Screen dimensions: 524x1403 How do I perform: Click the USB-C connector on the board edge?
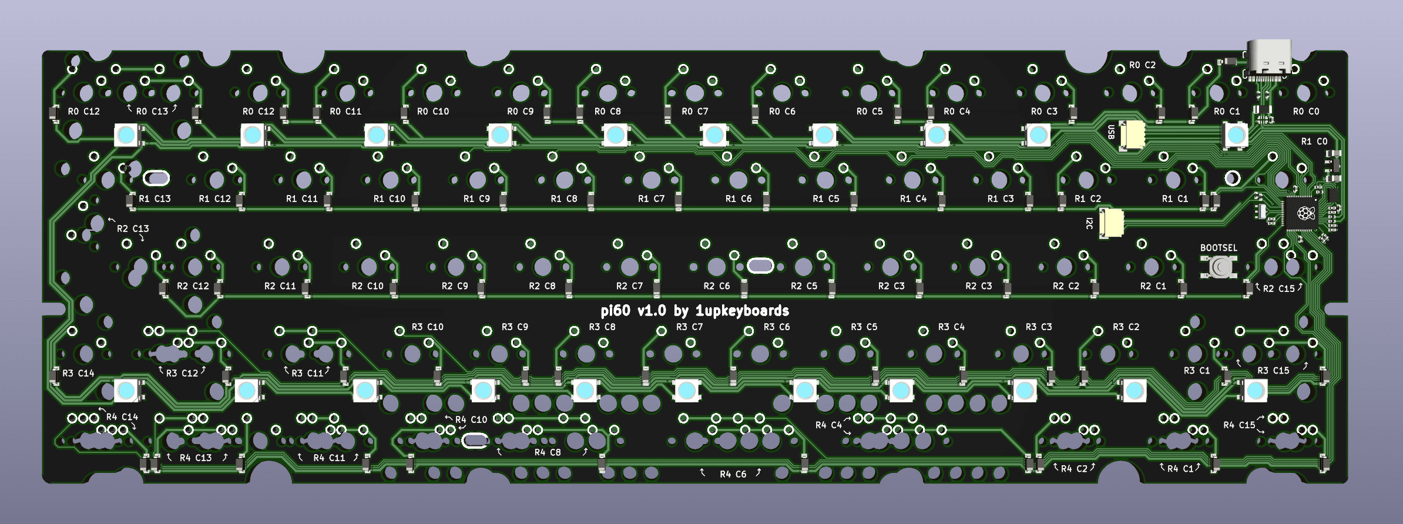click(x=1268, y=59)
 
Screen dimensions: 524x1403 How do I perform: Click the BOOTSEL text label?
click(x=1218, y=248)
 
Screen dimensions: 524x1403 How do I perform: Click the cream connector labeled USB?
click(x=1132, y=135)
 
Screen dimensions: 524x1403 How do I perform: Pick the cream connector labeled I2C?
click(x=1111, y=223)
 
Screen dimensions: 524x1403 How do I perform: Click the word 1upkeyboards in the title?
click(x=742, y=311)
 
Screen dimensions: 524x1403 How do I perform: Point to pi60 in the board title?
click(x=615, y=311)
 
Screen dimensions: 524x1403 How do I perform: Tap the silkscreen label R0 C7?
click(x=694, y=112)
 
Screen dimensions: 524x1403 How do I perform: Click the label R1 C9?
click(x=476, y=199)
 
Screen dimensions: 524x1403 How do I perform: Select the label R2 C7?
click(x=629, y=286)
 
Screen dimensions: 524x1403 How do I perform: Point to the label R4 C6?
click(x=732, y=474)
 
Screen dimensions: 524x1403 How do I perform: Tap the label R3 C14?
click(x=78, y=374)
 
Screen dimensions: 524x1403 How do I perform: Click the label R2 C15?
click(x=1278, y=288)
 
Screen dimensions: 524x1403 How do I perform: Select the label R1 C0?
click(x=1314, y=142)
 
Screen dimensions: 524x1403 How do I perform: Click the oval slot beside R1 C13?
click(x=156, y=177)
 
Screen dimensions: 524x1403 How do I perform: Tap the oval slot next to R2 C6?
click(x=760, y=266)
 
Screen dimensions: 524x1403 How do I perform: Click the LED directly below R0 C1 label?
click(x=1235, y=135)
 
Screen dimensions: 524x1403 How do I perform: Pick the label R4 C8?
click(x=547, y=452)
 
